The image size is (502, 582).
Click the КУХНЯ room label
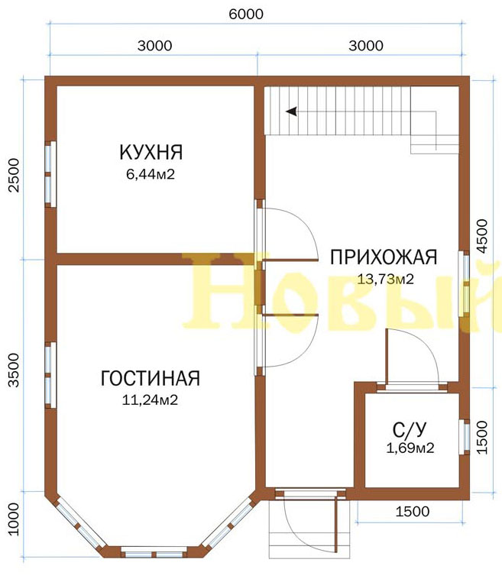[x=151, y=152]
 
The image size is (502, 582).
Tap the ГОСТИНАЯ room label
[x=151, y=378]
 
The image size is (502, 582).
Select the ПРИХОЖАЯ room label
[x=384, y=257]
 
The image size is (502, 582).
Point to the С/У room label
[x=410, y=430]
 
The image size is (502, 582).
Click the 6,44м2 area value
[x=151, y=174]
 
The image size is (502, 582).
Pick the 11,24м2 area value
[x=150, y=399]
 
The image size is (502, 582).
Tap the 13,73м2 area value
[x=385, y=279]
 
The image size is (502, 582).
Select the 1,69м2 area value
[x=410, y=448]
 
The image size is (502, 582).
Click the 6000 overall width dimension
[x=246, y=14]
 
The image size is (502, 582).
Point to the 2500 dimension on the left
[x=13, y=175]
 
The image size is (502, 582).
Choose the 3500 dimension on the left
[x=13, y=370]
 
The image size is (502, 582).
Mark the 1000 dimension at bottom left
[x=13, y=519]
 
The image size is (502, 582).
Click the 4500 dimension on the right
[x=481, y=236]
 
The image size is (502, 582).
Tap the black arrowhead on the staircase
[x=291, y=111]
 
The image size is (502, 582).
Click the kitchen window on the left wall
[x=50, y=173]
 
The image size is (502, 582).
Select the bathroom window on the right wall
[x=464, y=437]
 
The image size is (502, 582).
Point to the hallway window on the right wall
[x=464, y=284]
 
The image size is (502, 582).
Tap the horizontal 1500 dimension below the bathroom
[x=412, y=512]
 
